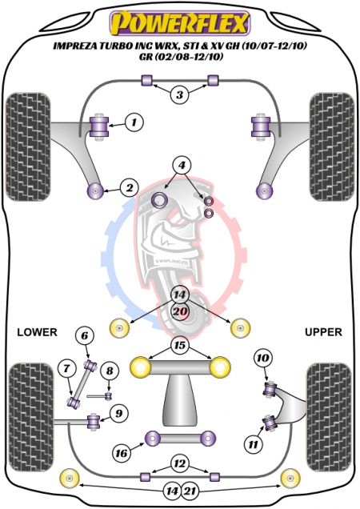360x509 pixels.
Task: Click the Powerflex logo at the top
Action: point(180,23)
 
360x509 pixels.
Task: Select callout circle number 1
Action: point(134,122)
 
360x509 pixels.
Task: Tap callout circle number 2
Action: point(130,187)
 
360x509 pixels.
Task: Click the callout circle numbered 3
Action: point(179,94)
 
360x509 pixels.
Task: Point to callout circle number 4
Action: point(182,165)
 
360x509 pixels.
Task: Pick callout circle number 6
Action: point(85,335)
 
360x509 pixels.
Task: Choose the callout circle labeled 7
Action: point(67,368)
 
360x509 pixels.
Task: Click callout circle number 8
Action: point(110,371)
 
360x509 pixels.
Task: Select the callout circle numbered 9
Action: point(119,413)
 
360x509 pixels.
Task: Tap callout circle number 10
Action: point(262,358)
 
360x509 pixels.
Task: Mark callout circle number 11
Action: point(253,443)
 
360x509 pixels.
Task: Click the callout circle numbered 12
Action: point(179,463)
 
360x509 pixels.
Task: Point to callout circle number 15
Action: point(180,345)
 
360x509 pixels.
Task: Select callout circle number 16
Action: point(122,453)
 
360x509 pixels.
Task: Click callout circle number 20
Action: point(180,311)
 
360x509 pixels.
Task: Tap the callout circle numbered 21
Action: point(190,491)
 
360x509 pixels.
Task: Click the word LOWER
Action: point(37,332)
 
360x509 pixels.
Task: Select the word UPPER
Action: point(323,332)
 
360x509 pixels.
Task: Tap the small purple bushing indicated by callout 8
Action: point(109,396)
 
